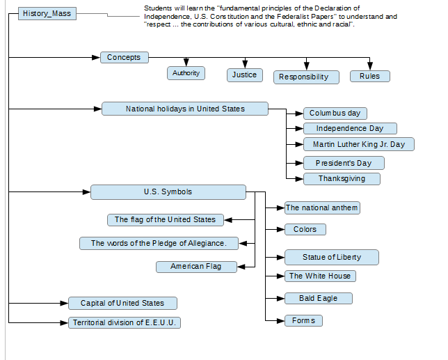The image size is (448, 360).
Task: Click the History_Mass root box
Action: [47, 13]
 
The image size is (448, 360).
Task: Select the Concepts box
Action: [125, 58]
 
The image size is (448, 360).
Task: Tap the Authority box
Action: [186, 73]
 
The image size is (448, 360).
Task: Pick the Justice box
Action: [245, 75]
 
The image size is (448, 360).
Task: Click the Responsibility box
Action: [306, 77]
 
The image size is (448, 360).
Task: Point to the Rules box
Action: [370, 77]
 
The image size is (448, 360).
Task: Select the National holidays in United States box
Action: [185, 109]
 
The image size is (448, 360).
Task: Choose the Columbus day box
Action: [335, 114]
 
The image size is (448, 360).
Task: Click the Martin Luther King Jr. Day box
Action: [359, 144]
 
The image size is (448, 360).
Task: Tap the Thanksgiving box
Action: [342, 179]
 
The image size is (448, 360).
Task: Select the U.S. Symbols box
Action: [168, 192]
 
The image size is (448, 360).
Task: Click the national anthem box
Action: [322, 208]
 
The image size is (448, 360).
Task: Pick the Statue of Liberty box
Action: [332, 258]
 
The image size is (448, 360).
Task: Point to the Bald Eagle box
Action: [319, 298]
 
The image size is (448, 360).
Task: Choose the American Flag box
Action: [196, 267]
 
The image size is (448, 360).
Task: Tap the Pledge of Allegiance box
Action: [159, 243]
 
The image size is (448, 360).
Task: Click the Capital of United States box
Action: [122, 303]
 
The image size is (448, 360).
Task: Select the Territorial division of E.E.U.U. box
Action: [125, 322]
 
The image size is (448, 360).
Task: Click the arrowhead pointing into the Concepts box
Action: [96, 58]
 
